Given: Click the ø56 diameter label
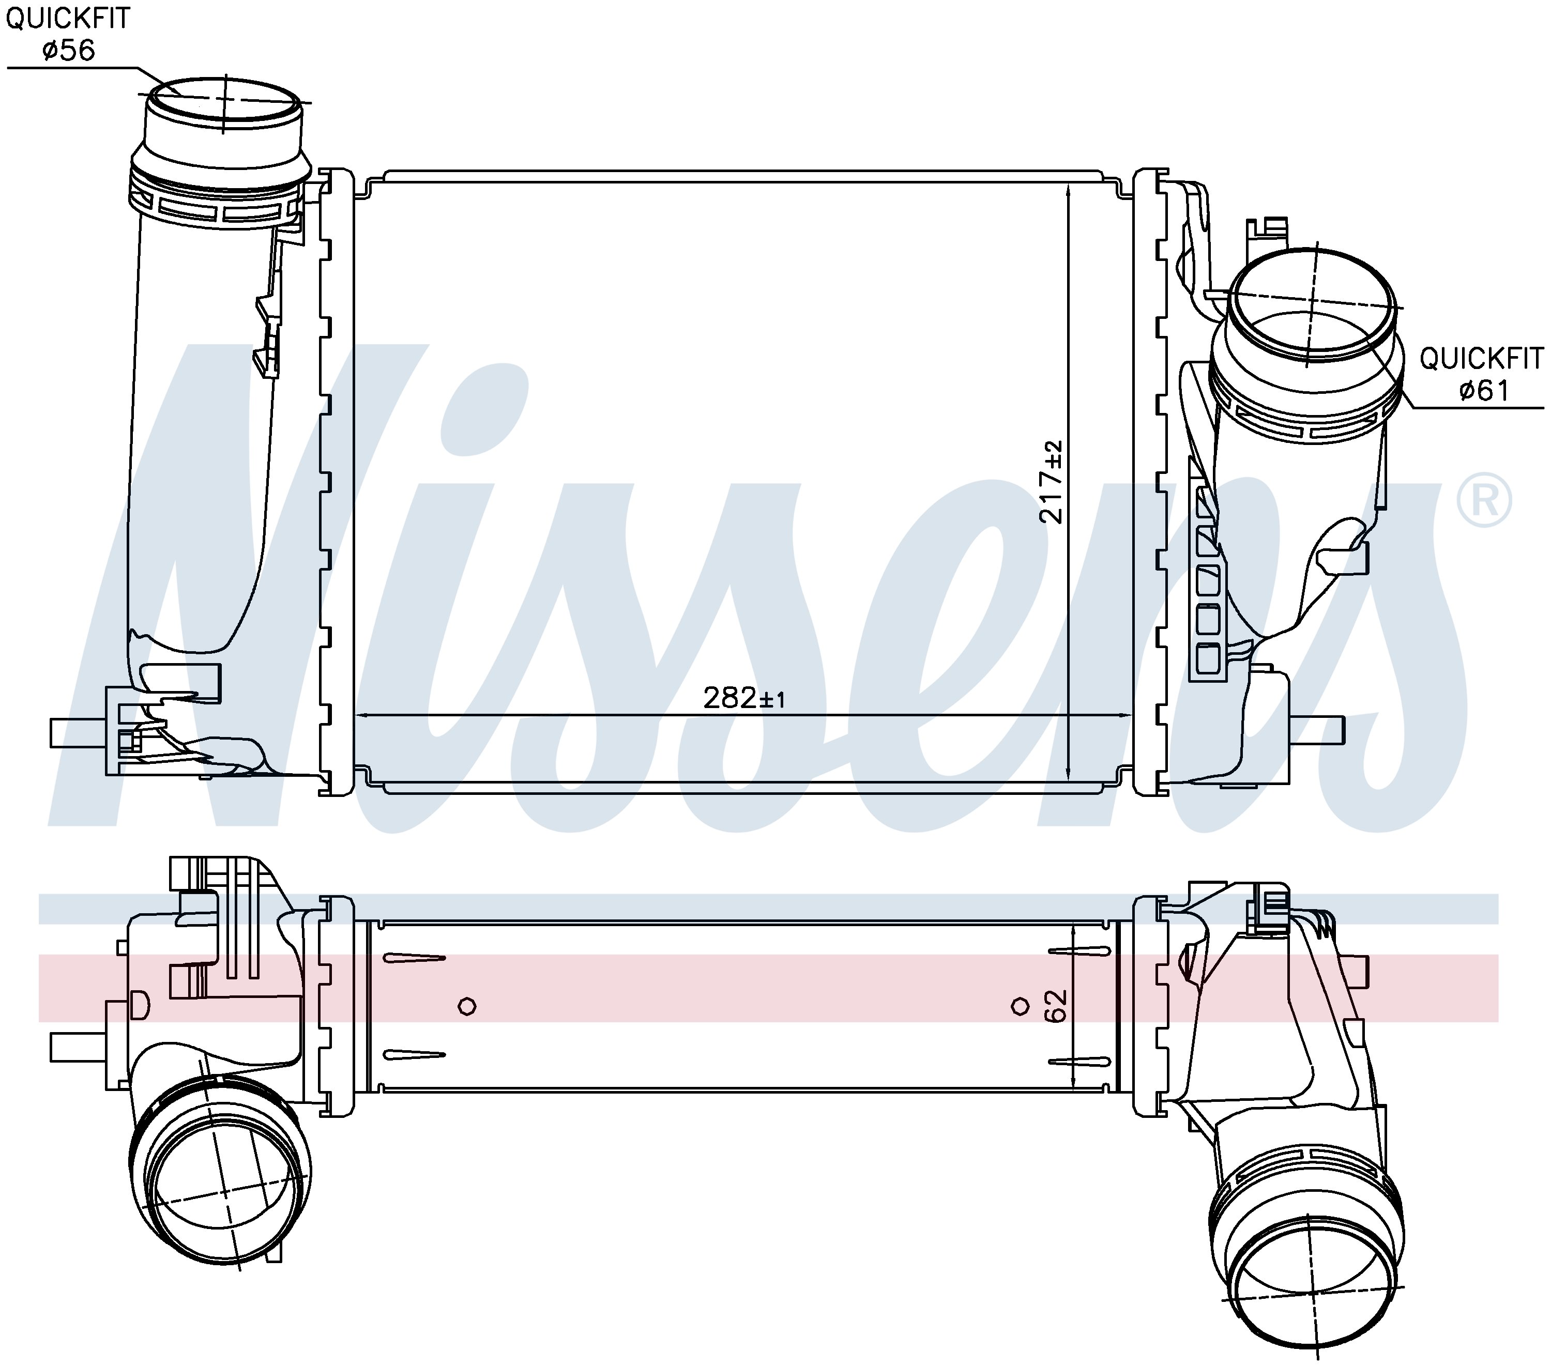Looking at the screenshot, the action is point(68,51).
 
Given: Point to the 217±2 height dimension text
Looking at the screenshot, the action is point(1052,482).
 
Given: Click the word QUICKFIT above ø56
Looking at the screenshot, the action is point(68,18).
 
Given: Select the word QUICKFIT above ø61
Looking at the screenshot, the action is point(1481,358).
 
